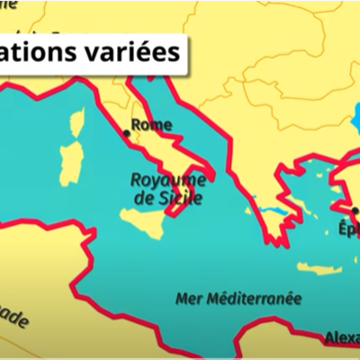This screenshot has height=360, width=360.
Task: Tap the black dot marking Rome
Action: (x=126, y=133)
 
